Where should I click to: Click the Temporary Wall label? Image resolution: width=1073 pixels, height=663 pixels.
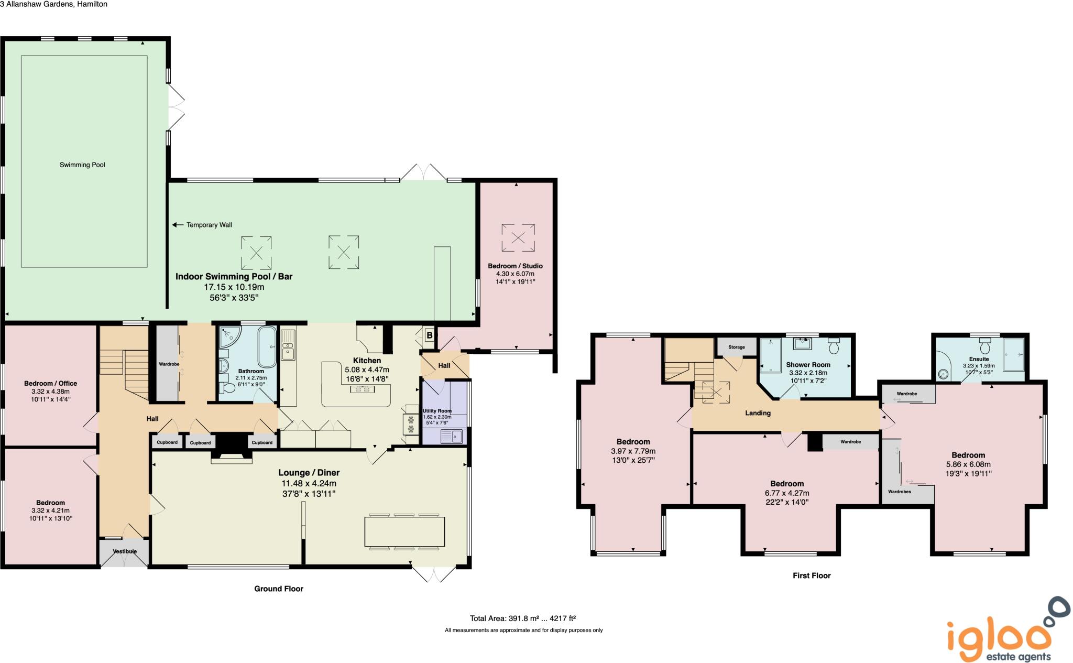(209, 225)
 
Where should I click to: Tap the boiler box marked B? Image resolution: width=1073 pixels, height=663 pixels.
(430, 335)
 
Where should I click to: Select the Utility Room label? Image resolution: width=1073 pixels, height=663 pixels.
(437, 411)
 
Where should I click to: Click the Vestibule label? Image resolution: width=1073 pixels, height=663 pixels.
(125, 551)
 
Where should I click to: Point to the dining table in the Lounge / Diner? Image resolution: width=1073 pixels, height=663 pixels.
(404, 532)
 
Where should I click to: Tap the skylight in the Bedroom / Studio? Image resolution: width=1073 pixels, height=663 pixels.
(518, 237)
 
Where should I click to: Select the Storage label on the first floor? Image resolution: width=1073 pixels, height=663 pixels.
(736, 347)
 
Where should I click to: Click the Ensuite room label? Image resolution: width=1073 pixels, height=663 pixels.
(979, 359)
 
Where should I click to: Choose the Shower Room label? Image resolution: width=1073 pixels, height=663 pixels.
(808, 365)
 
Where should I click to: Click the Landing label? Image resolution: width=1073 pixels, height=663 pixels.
(758, 413)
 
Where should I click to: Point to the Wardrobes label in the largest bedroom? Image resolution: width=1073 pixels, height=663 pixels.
(899, 492)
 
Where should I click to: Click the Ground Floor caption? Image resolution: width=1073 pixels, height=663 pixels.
(279, 589)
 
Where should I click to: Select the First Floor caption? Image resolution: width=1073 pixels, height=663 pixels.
(811, 575)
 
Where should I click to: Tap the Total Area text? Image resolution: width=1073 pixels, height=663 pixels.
(523, 618)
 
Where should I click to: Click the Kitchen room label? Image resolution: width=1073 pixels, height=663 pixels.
(367, 361)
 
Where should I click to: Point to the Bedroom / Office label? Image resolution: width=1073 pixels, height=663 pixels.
(50, 384)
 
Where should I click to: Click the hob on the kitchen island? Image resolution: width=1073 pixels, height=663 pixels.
(362, 388)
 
